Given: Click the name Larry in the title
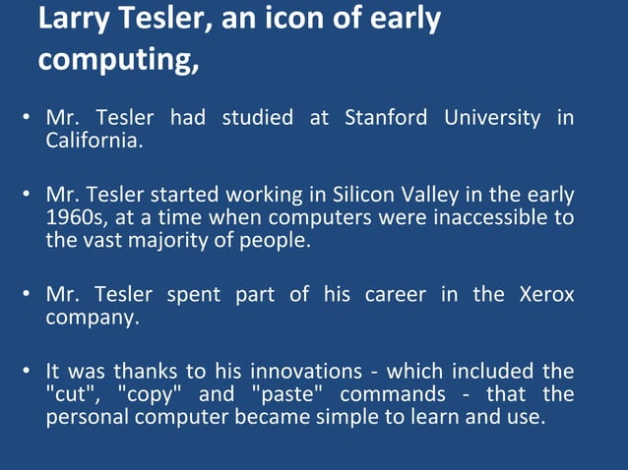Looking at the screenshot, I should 74,20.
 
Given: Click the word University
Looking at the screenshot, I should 491,119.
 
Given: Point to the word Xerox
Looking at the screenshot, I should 545,295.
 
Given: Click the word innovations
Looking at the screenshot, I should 314,372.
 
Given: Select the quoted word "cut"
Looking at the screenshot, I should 71,393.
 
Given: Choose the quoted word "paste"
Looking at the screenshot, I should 284,393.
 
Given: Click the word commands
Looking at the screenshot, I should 389,393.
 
